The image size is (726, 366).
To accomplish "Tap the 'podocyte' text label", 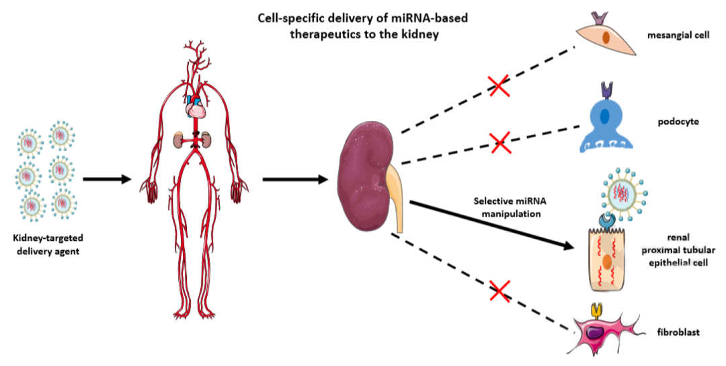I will tap(678, 122).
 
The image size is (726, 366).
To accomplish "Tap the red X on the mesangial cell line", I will tap(498, 85).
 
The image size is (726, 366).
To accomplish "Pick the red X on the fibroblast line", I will tap(499, 291).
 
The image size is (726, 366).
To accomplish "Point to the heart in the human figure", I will tap(195, 105).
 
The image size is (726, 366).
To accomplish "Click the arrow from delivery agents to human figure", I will tap(106, 180).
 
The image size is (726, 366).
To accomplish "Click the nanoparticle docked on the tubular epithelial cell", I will tap(620, 194).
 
